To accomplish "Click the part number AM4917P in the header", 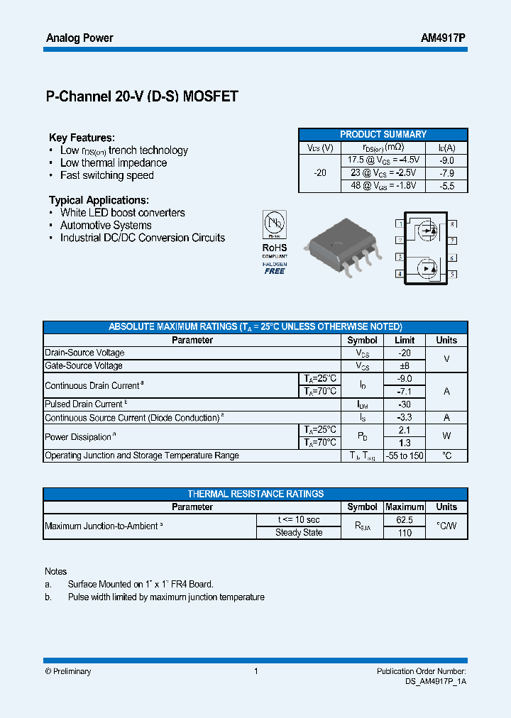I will coord(443,38).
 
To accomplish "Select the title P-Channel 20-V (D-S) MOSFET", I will coord(142,97).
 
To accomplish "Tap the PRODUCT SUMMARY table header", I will coord(383,134).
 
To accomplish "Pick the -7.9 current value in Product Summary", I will coord(446,173).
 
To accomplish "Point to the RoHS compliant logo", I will coord(275,242).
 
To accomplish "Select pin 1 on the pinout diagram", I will coord(400,224).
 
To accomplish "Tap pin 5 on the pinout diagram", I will coord(452,274).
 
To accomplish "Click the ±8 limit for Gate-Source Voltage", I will coord(405,365).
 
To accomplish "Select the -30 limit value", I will coord(405,404).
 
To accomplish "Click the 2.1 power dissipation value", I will coord(405,430).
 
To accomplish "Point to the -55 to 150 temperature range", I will coord(405,455).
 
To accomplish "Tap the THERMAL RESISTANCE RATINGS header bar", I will coord(255,494).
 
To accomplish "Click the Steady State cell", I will coord(299,533).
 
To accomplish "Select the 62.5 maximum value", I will coord(405,519).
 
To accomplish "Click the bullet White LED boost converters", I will coord(122,213).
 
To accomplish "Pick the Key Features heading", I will coord(82,138).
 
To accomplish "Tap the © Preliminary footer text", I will coord(68,671).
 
